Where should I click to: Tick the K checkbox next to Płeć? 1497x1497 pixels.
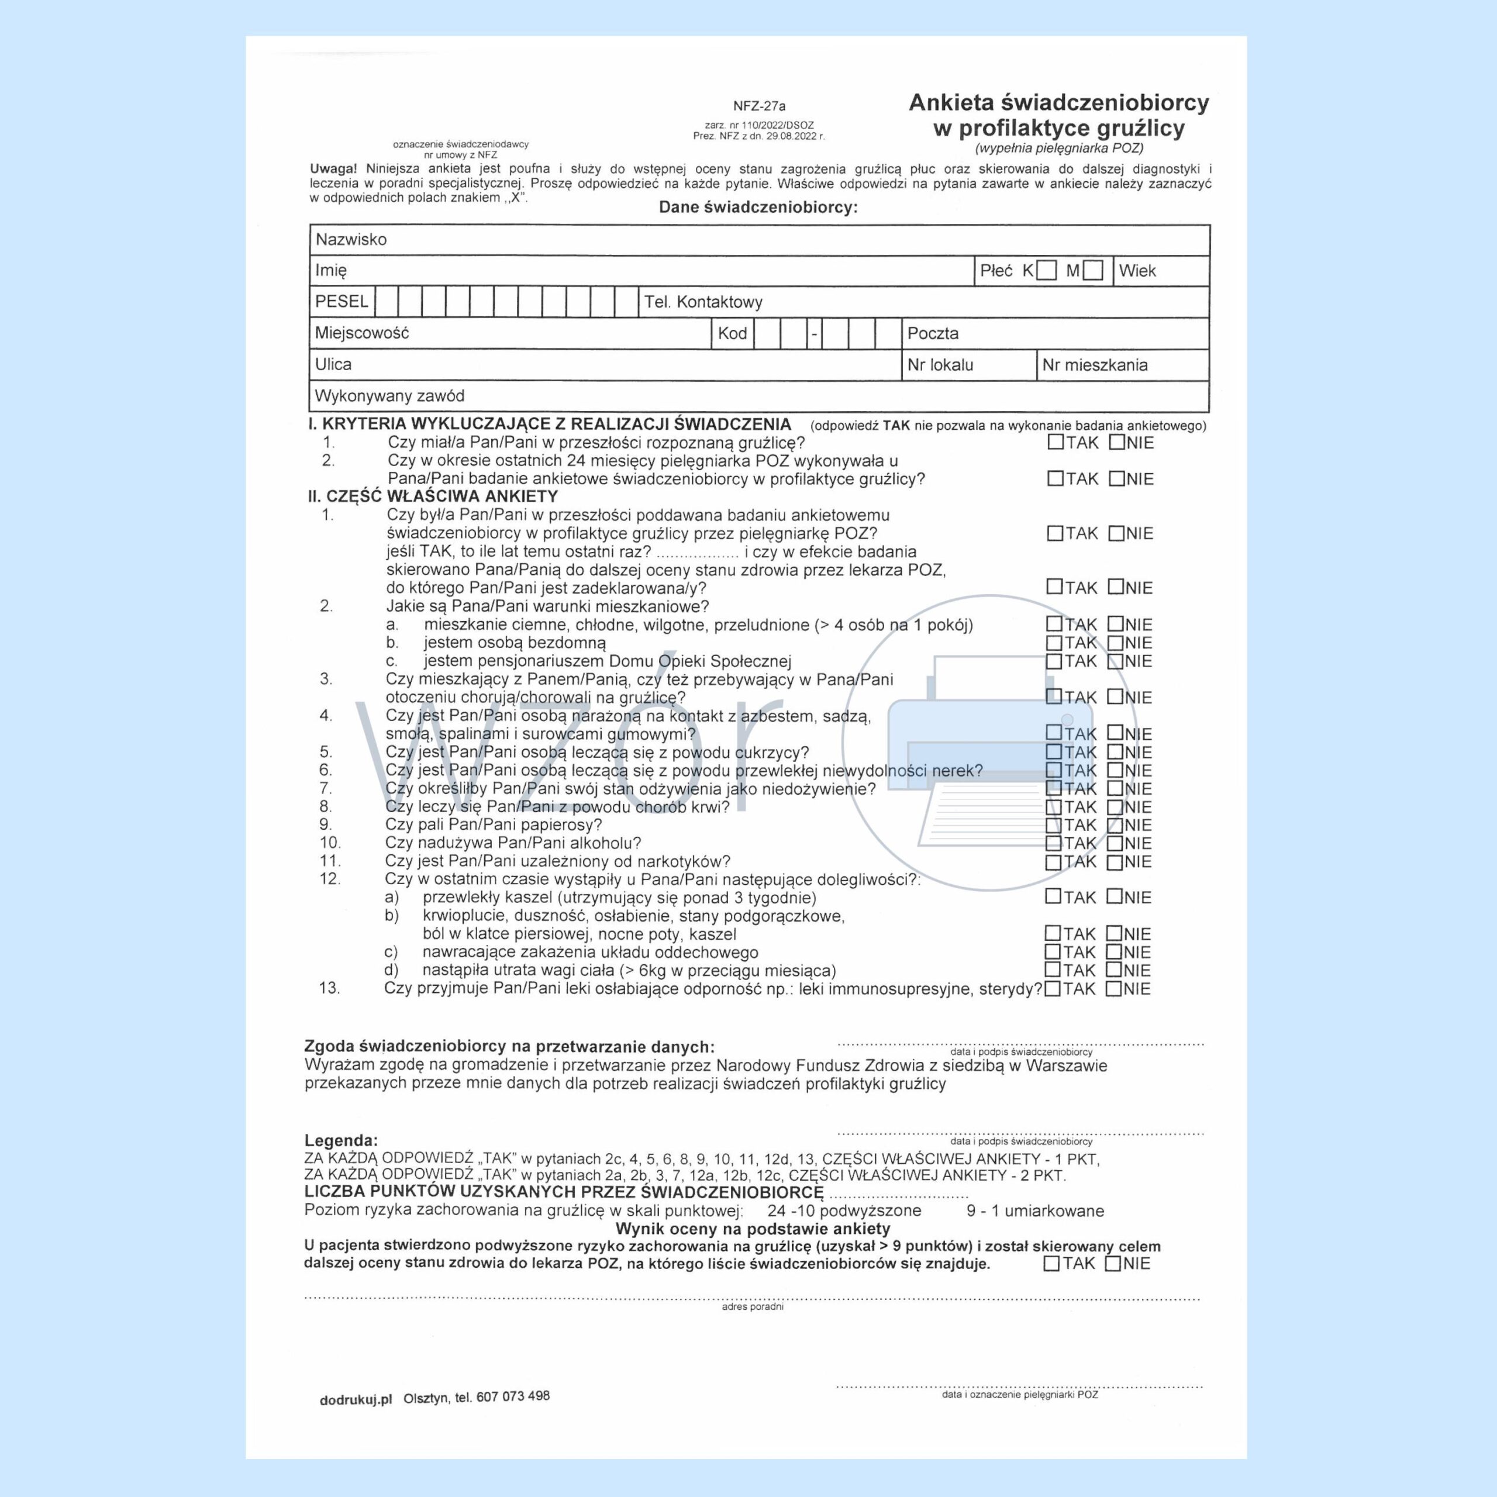coord(1046,270)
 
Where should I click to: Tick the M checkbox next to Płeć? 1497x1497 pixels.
coord(1094,270)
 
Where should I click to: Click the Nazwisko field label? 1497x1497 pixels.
coord(350,239)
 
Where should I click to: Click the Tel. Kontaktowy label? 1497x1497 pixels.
coord(703,302)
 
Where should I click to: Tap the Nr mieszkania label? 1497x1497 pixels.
coord(1094,365)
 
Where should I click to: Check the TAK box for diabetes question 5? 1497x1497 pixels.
coord(1054,751)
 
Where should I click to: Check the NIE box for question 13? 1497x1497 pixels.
coord(1113,989)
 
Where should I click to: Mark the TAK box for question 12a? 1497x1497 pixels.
coord(1053,896)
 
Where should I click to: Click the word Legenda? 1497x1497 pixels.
coord(341,1140)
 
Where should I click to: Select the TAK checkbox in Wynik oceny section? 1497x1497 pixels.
coord(1051,1264)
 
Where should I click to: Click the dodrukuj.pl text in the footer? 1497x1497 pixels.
coord(356,1400)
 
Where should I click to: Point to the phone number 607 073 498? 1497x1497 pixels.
coord(512,1396)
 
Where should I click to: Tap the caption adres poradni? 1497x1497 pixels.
coord(753,1306)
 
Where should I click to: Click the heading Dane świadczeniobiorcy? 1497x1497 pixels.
coord(758,208)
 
